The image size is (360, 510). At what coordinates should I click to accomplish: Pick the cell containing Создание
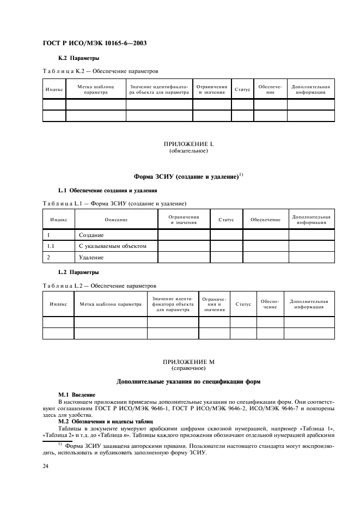coord(91,235)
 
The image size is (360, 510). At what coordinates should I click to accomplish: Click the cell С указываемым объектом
coord(112,246)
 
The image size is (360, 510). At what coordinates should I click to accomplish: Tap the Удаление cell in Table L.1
coord(91,257)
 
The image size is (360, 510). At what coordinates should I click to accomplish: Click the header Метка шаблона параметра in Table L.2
coord(111,304)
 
